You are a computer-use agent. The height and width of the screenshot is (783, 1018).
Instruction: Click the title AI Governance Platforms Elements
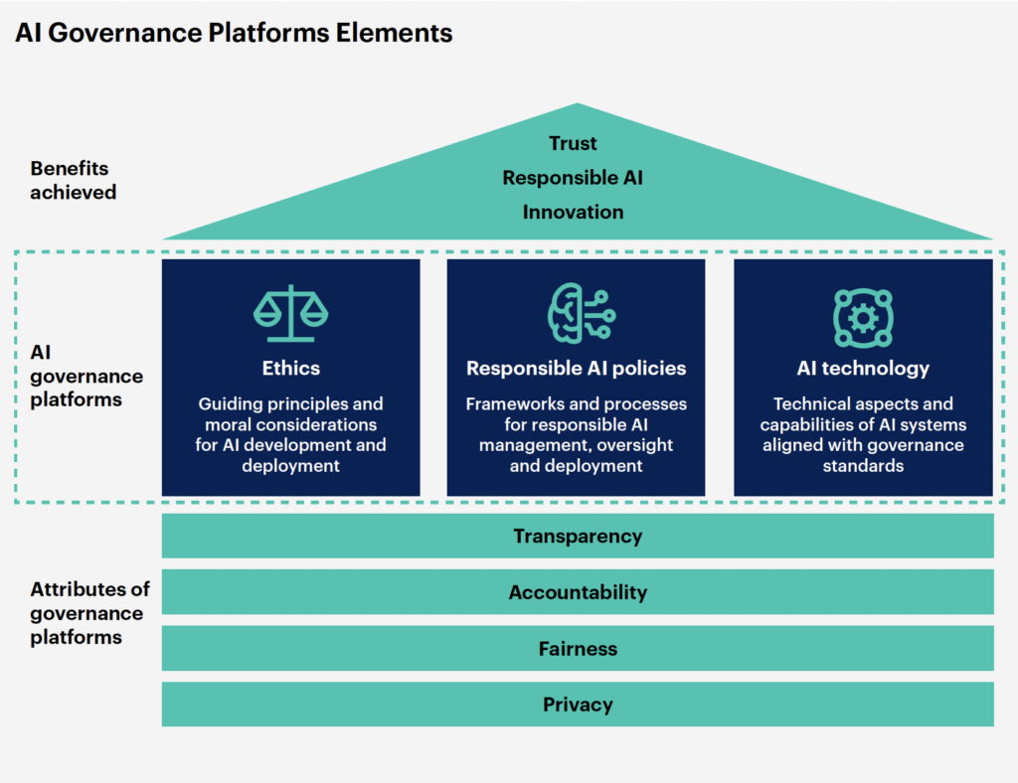click(x=234, y=33)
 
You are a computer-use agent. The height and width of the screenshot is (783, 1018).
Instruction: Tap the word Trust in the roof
click(x=574, y=144)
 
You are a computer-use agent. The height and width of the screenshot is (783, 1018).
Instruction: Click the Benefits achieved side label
click(x=73, y=180)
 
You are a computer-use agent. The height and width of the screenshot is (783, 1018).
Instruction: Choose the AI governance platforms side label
click(x=86, y=377)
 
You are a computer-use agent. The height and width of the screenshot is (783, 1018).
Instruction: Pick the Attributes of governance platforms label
click(x=89, y=613)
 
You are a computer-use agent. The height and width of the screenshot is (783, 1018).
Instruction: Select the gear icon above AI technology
click(x=863, y=317)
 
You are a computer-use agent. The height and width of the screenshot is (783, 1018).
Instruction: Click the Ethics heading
click(x=291, y=368)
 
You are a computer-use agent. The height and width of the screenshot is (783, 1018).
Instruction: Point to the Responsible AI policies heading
click(x=577, y=368)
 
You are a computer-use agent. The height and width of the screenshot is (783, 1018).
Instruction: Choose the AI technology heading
click(x=863, y=368)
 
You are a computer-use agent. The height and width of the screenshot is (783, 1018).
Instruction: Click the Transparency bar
click(x=578, y=537)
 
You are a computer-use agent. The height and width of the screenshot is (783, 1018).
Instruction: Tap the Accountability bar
click(x=578, y=592)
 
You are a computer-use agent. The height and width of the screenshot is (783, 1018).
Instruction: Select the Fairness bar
click(x=578, y=649)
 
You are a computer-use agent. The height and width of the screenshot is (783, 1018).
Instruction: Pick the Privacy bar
click(x=578, y=705)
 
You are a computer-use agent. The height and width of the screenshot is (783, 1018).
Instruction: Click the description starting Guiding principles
click(x=291, y=434)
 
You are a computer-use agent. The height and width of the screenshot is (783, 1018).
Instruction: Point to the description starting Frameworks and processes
click(x=577, y=434)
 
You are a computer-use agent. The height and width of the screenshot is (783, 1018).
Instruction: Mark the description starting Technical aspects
click(x=863, y=434)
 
